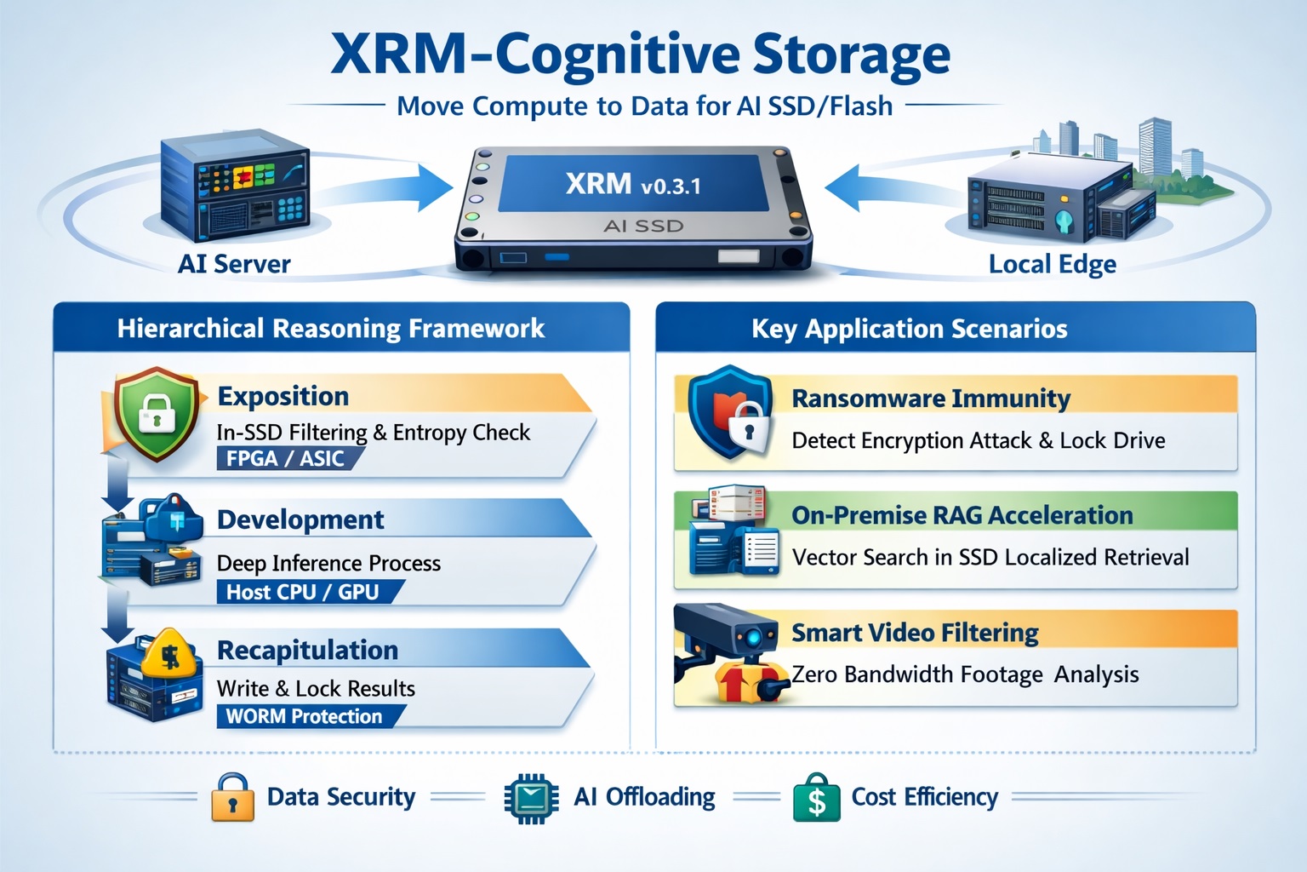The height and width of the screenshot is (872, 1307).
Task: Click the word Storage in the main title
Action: pyautogui.click(x=851, y=55)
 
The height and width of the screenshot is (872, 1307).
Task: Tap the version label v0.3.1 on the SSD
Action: pyautogui.click(x=671, y=186)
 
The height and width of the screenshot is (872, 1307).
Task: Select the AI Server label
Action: pyautogui.click(x=234, y=264)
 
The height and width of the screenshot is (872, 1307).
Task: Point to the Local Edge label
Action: pyautogui.click(x=1052, y=264)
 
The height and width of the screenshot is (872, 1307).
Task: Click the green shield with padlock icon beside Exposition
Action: pyautogui.click(x=156, y=412)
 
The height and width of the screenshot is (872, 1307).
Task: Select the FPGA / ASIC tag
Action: pyautogui.click(x=285, y=459)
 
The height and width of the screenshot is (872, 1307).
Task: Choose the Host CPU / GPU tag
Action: pyautogui.click(x=302, y=592)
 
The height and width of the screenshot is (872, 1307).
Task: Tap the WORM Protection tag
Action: pyautogui.click(x=304, y=716)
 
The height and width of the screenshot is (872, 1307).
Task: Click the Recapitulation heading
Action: pyautogui.click(x=307, y=650)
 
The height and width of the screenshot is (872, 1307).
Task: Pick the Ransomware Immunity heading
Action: pyautogui.click(x=931, y=399)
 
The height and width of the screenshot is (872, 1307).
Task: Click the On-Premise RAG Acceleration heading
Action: pyautogui.click(x=962, y=515)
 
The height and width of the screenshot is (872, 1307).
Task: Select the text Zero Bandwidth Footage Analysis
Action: pyautogui.click(x=965, y=674)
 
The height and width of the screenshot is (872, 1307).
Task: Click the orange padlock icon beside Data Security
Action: pyautogui.click(x=232, y=798)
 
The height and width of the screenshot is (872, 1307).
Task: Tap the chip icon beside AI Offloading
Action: pyautogui.click(x=531, y=798)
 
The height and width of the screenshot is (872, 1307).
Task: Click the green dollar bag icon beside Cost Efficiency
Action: pyautogui.click(x=816, y=798)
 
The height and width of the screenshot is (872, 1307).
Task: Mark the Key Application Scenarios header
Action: pyautogui.click(x=909, y=329)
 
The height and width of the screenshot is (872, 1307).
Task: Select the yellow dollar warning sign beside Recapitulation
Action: pyautogui.click(x=169, y=655)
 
